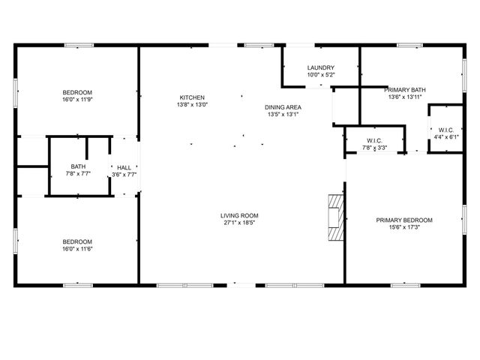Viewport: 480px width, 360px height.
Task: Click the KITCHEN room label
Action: click(191, 97)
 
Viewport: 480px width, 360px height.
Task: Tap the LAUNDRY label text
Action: click(320, 67)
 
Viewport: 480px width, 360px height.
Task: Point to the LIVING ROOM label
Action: click(240, 215)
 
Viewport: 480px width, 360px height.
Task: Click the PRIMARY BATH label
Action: click(406, 89)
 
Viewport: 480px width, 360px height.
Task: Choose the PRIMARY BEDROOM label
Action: click(404, 220)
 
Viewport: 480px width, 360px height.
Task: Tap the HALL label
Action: click(124, 167)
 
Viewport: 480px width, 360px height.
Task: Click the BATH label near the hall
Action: click(78, 166)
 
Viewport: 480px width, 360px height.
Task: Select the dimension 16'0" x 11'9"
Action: click(77, 100)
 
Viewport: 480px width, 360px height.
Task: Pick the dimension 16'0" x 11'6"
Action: click(77, 248)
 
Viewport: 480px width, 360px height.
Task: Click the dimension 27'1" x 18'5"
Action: click(240, 223)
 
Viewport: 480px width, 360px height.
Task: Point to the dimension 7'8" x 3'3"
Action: click(375, 148)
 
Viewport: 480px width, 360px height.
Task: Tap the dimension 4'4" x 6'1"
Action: click(445, 137)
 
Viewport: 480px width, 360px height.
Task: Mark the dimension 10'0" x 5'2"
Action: click(320, 75)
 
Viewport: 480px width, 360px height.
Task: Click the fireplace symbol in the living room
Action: click(334, 217)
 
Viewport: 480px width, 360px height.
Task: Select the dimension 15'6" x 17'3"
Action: click(404, 227)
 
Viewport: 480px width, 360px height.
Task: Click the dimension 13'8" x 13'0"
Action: click(191, 105)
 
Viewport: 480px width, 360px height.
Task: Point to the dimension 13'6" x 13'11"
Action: click(406, 97)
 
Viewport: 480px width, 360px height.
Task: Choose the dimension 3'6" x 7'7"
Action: click(124, 175)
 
